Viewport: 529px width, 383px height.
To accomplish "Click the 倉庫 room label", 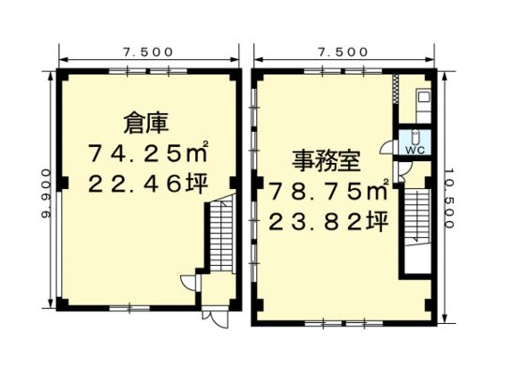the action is point(145,123).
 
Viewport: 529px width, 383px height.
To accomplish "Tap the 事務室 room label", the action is point(325,161).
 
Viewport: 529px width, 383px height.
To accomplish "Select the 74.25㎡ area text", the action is point(148,153).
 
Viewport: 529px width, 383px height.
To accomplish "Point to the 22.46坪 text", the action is point(148,184).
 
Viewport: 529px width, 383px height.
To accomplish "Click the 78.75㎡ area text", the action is point(328,191).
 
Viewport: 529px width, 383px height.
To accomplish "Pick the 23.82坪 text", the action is point(328,222).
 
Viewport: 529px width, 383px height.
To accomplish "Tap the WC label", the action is point(415,150).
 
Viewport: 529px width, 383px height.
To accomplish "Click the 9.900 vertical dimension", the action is point(46,194).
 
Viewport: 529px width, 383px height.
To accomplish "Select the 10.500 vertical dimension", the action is point(449,199).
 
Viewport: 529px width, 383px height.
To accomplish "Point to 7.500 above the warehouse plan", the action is point(148,52).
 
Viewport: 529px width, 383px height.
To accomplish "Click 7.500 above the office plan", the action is point(342,52).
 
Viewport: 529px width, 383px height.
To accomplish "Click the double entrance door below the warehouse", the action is point(216,318).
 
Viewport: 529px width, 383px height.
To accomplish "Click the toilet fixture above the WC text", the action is point(415,137).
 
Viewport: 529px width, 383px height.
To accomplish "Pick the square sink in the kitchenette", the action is point(423,97).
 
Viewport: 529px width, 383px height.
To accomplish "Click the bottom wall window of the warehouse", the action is point(129,308).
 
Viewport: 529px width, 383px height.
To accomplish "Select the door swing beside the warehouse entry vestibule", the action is point(188,282).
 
